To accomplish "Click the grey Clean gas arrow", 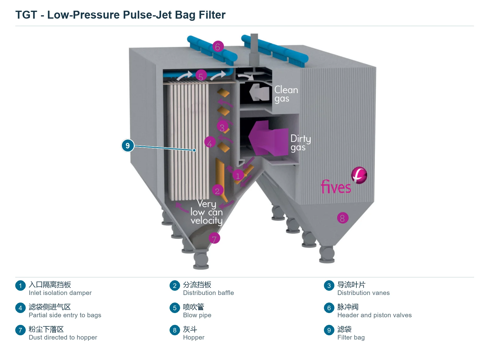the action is click(x=259, y=92).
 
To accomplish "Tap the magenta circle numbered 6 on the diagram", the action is click(x=218, y=46).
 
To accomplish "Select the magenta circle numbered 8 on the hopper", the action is click(x=343, y=218).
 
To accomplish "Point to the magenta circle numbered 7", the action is click(x=214, y=238).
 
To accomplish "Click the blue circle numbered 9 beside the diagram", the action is click(x=128, y=145).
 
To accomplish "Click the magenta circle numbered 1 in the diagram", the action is click(x=238, y=176).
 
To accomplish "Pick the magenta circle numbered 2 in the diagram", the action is click(x=217, y=190).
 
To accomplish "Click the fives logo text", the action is click(x=336, y=187).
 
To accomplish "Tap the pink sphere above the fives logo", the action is click(x=359, y=175).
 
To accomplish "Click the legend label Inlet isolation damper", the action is click(x=60, y=293).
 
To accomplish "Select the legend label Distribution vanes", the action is click(x=363, y=293).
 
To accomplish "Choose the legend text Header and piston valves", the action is click(x=374, y=315).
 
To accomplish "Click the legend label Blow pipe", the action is click(x=197, y=315).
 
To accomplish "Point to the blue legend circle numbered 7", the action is click(x=20, y=330).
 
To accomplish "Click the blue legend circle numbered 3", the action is click(x=329, y=285).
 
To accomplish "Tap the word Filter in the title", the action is click(x=212, y=15).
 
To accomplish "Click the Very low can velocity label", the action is click(x=207, y=212).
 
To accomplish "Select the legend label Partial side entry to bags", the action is click(x=65, y=315).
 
